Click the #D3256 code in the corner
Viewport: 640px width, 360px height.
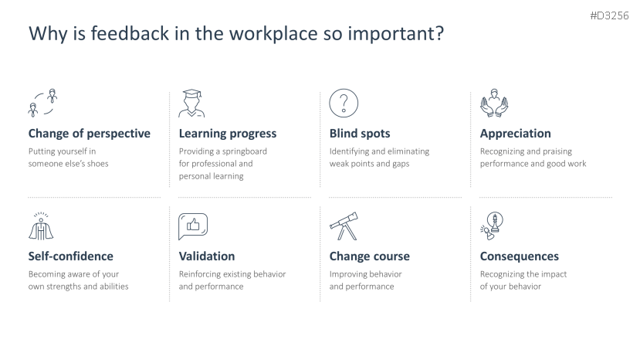[x=609, y=16]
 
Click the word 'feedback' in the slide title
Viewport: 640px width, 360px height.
[x=130, y=33]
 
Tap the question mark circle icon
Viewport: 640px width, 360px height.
[x=344, y=103]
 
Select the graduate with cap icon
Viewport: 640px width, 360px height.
[x=191, y=104]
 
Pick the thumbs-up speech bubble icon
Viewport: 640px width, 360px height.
[x=193, y=226]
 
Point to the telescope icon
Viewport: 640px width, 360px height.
[x=344, y=226]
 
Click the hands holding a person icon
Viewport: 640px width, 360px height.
[x=494, y=103]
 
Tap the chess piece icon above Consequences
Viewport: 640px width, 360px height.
[x=492, y=226]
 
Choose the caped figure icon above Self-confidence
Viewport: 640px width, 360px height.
[x=41, y=226]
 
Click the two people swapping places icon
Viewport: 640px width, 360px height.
[x=42, y=103]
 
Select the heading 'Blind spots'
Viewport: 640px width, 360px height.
[x=360, y=134]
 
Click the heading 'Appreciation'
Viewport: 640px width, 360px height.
[x=515, y=134]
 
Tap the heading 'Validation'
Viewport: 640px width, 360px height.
[x=207, y=256]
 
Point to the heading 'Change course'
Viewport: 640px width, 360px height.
[x=369, y=256]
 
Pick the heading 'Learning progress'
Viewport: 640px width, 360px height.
[x=227, y=134]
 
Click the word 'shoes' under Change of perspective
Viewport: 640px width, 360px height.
[x=97, y=164]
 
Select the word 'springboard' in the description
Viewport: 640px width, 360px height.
[x=244, y=151]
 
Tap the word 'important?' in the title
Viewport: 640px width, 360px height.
[x=395, y=34]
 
